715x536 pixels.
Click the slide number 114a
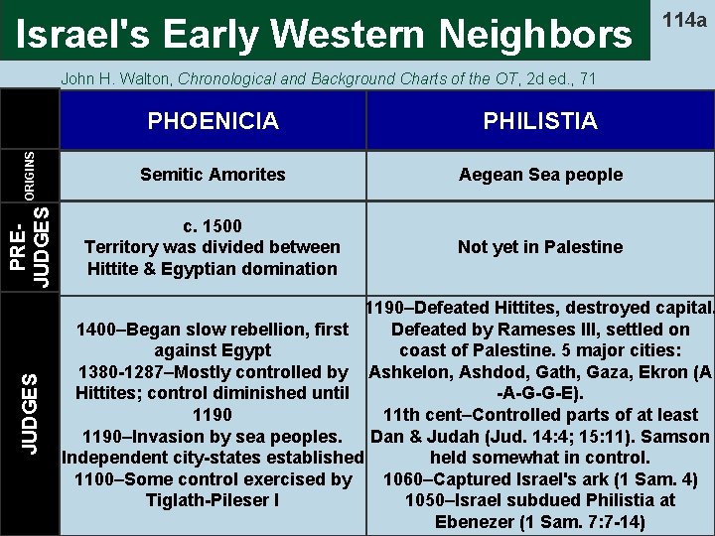click(x=685, y=20)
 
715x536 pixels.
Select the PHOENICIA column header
click(x=213, y=121)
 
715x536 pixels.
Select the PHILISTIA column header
click(x=540, y=121)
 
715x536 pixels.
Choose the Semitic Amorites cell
click(x=213, y=175)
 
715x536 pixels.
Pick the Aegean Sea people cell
click(x=540, y=175)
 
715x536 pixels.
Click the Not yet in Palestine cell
click(x=540, y=247)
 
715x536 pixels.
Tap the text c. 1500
click(x=213, y=225)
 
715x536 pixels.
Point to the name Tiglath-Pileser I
click(x=213, y=500)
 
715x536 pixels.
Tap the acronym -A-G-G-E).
click(x=540, y=393)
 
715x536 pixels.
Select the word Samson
click(x=675, y=437)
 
